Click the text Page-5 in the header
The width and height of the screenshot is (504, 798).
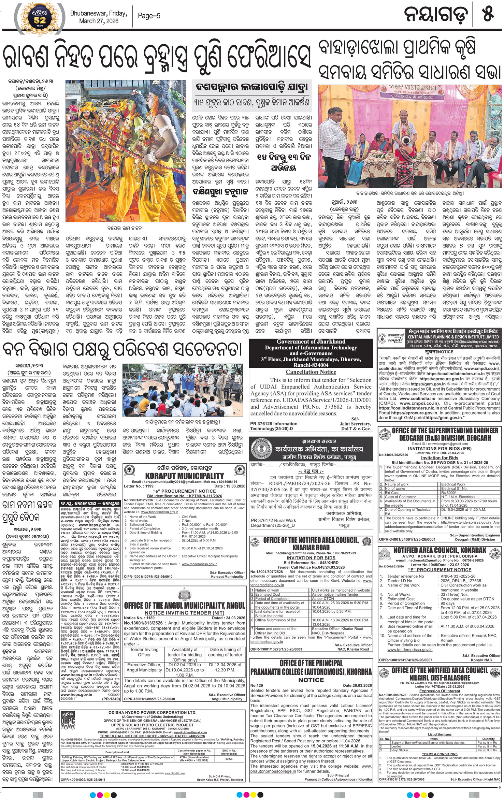[149, 16]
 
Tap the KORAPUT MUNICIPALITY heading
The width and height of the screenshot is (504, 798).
[184, 476]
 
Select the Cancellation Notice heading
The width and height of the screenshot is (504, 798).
[311, 372]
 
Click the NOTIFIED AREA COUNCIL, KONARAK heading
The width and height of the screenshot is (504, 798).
[440, 550]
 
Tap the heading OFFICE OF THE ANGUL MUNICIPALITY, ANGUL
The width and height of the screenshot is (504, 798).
[184, 606]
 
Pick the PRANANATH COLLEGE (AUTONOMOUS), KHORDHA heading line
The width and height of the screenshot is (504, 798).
[311, 671]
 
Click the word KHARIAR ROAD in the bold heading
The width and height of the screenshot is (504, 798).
[311, 547]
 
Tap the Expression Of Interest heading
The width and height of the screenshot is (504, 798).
[440, 698]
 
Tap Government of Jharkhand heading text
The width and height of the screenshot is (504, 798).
[311, 342]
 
